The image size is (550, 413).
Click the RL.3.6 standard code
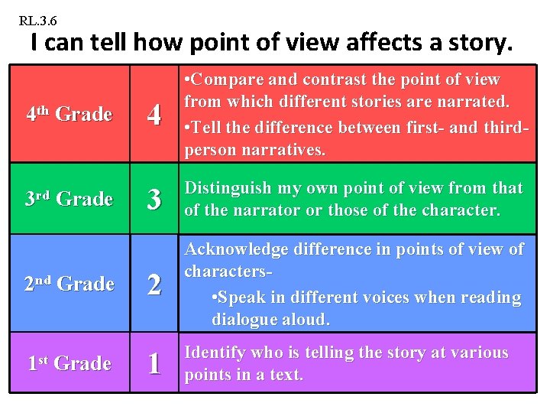pos(37,20)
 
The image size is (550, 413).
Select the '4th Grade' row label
pos(69,115)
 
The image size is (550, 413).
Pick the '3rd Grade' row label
pos(69,199)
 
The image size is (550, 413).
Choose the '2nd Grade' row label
pos(69,284)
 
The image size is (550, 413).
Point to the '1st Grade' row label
pos(69,363)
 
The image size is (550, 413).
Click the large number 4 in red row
pos(154,115)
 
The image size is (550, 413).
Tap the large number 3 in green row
pos(154,200)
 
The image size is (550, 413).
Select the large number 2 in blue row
pos(154,285)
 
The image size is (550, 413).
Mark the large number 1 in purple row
pos(154,363)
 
